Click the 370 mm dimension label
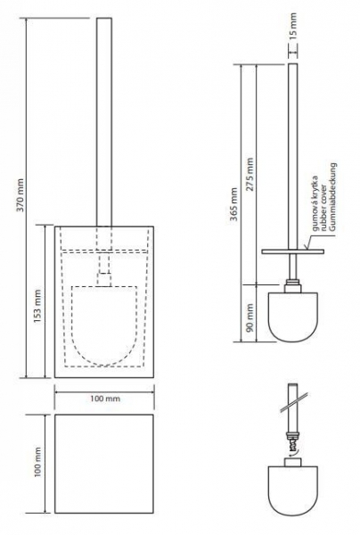pyautogui.click(x=20, y=194)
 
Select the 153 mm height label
pyautogui.click(x=37, y=307)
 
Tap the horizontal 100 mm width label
pyautogui.click(x=105, y=399)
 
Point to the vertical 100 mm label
pyautogui.click(x=37, y=462)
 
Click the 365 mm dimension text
pyautogui.click(x=233, y=204)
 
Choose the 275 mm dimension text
pyautogui.click(x=250, y=174)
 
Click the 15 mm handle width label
pyautogui.click(x=293, y=25)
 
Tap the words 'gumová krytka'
pyautogui.click(x=315, y=203)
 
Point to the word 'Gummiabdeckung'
pyautogui.click(x=332, y=198)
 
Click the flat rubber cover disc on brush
pyautogui.click(x=293, y=251)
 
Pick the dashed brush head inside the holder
pyautogui.click(x=104, y=325)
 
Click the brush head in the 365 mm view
pyautogui.click(x=293, y=317)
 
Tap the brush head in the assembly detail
pyautogui.click(x=293, y=491)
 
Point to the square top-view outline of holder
pyautogui.click(x=104, y=464)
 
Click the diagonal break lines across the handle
pyautogui.click(x=295, y=402)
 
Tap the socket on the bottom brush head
pyautogui.click(x=293, y=462)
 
